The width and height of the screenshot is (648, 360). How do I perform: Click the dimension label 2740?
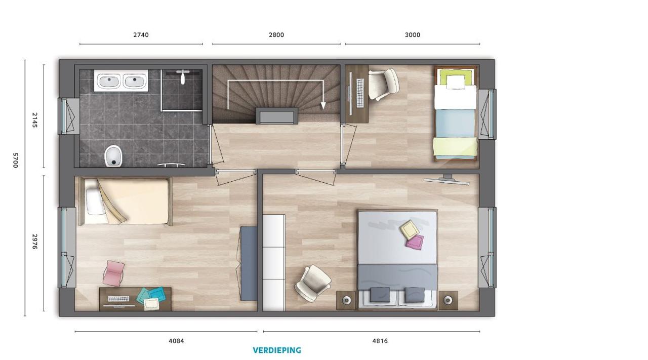[x=141, y=35]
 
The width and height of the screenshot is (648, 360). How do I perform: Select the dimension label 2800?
[x=276, y=35]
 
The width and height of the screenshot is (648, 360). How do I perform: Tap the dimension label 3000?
[x=413, y=35]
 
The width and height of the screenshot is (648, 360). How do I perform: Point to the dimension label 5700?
[x=16, y=160]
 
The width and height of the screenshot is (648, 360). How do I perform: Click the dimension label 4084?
[x=176, y=341]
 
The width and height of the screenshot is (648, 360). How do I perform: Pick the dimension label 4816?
[x=380, y=341]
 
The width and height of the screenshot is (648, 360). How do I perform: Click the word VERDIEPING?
[x=277, y=350]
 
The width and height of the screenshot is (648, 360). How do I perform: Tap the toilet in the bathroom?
[x=113, y=155]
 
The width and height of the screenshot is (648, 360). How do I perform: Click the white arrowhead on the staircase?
[x=323, y=106]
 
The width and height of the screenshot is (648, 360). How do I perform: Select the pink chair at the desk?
[x=114, y=273]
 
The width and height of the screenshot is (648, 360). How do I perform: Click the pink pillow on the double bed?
[x=415, y=242]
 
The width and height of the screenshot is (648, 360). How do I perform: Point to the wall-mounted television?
[x=447, y=180]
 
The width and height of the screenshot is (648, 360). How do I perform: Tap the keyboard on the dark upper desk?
[x=360, y=93]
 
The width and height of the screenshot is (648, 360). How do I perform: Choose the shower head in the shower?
[x=183, y=76]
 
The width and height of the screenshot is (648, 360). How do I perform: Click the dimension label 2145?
[x=35, y=120]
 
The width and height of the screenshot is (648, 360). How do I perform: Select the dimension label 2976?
[x=35, y=242]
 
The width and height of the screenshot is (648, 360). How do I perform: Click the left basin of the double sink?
[x=108, y=81]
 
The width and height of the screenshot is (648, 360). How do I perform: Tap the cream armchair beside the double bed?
[x=313, y=284]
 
